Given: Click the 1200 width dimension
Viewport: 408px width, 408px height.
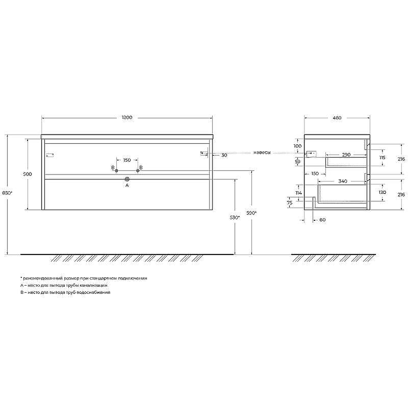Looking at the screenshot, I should (127, 118).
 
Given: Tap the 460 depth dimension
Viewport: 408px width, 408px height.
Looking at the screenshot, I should (337, 118).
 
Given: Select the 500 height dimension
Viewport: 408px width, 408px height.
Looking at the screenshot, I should (28, 174).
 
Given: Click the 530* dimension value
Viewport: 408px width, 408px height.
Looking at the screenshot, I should (235, 218).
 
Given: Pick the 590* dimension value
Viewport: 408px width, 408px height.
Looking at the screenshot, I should (251, 213).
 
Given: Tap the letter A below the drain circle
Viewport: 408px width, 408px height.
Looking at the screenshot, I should (127, 186).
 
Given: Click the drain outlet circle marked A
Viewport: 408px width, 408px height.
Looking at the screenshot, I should (127, 179).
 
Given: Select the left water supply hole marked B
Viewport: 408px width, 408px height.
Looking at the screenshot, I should (117, 170).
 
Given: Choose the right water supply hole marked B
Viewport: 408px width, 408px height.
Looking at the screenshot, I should (138, 170).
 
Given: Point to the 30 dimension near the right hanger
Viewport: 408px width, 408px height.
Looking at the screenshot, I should (224, 155).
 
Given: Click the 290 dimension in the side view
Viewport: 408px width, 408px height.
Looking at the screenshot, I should (346, 155).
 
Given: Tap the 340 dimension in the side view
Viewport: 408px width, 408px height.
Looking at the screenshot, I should (342, 181).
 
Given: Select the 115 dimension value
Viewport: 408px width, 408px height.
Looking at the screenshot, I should (382, 158).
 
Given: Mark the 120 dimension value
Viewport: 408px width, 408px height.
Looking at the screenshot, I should (382, 193).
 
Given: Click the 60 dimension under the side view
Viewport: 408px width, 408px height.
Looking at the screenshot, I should (321, 220).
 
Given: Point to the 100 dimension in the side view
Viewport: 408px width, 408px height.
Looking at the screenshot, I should (298, 146).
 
